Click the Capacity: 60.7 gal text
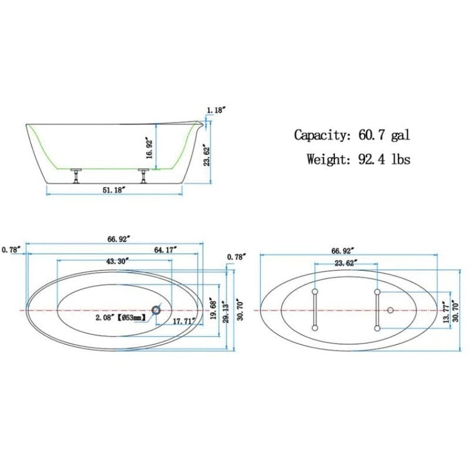tap(351, 135)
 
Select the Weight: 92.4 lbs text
tap(358, 159)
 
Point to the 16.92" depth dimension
tap(150, 148)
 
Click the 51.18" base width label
tap(115, 189)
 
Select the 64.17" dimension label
tap(166, 250)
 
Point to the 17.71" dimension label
tap(183, 321)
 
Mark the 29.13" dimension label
tap(226, 318)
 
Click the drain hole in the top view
tap(157, 309)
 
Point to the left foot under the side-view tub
tap(76, 174)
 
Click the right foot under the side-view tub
tap(143, 174)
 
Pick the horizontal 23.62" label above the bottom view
tap(345, 263)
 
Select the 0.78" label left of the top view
tap(11, 250)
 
